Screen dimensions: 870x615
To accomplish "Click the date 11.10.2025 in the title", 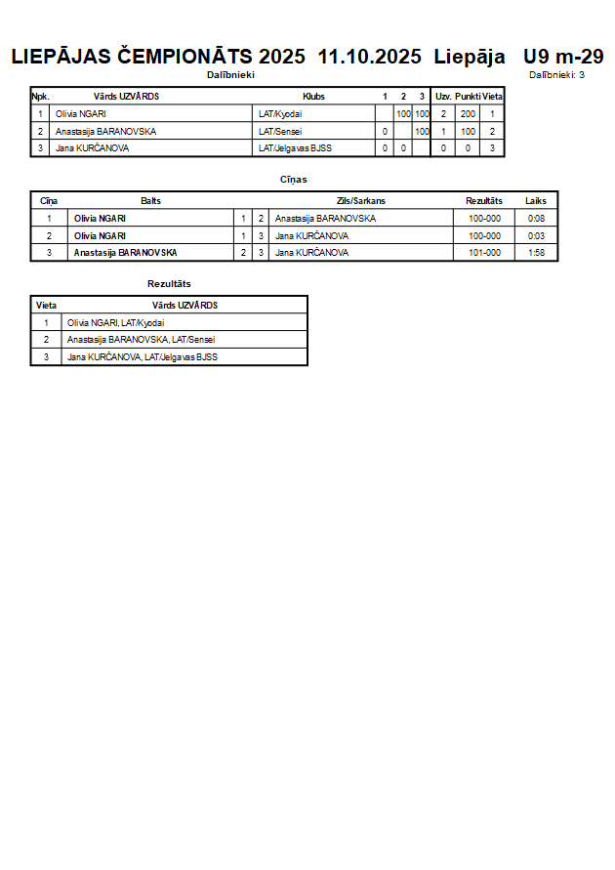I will [370, 57].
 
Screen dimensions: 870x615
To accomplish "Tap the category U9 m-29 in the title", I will [563, 57].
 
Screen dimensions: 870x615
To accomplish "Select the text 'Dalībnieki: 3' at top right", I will [556, 74].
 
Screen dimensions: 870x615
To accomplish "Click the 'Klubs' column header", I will [313, 97].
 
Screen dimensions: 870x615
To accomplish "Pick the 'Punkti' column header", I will [468, 97].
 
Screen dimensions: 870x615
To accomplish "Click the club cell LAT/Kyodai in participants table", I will [280, 114].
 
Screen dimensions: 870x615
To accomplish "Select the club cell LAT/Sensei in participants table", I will [278, 131].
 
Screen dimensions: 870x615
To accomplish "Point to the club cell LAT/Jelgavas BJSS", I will [295, 148].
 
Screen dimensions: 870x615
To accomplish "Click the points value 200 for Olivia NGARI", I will [468, 114].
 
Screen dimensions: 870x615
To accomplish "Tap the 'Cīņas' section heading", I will [294, 180].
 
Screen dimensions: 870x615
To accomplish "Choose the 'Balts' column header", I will [150, 201].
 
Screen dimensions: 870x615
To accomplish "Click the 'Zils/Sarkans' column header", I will [361, 201].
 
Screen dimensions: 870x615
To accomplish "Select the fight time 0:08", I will [536, 219].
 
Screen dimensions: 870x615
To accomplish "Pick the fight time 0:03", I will [536, 235].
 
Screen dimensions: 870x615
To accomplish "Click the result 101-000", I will [484, 253].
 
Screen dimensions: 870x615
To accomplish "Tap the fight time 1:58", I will [536, 253].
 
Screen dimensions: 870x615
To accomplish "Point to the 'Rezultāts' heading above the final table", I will [169, 283].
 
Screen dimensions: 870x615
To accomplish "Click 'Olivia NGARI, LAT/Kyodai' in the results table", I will [116, 322].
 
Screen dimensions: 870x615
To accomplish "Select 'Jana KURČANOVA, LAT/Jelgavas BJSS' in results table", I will [143, 357].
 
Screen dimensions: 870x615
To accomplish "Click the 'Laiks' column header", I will [536, 201].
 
